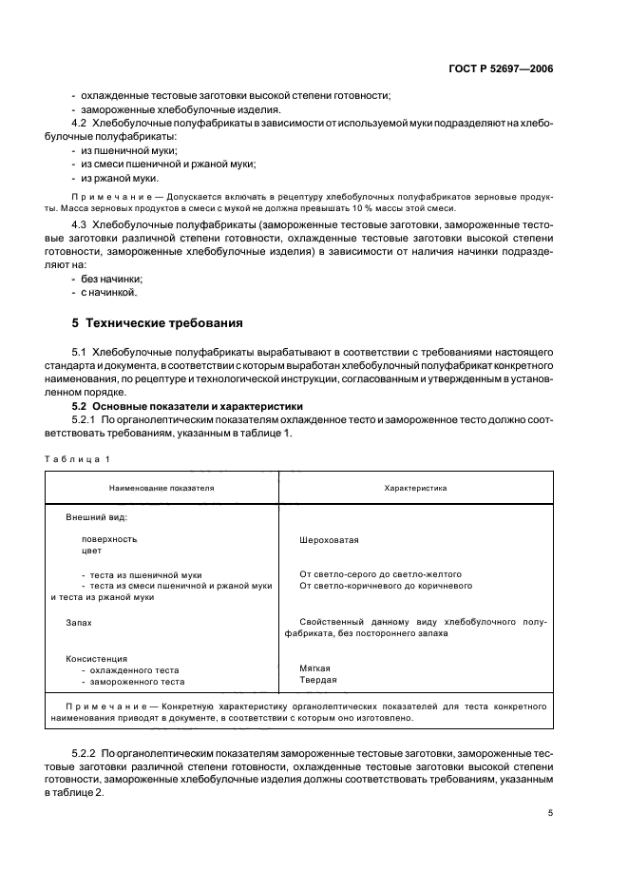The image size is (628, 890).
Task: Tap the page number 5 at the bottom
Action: [x=551, y=813]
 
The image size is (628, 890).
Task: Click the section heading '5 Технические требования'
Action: [x=158, y=322]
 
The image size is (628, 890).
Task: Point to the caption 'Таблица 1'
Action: [x=77, y=459]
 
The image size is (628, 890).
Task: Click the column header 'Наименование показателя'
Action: [x=162, y=488]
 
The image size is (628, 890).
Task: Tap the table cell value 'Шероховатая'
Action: [x=328, y=539]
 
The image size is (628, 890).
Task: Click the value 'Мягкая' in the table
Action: [x=315, y=668]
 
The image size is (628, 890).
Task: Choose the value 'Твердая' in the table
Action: [x=317, y=680]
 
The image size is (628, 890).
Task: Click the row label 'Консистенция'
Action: [x=96, y=657]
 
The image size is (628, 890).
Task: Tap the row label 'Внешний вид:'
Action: [x=96, y=517]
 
